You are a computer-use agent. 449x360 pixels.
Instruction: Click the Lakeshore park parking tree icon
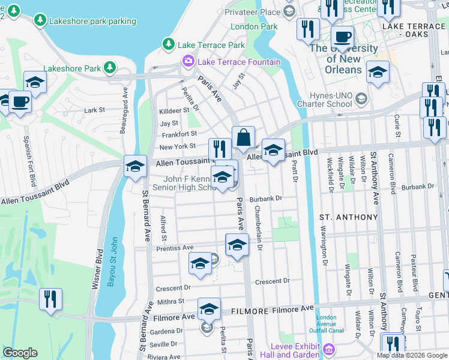(40, 20)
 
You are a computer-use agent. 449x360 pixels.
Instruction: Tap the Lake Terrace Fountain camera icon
(188, 62)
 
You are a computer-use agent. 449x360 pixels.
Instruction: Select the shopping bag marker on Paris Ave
(244, 138)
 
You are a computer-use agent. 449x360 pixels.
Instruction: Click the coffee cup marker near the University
(342, 37)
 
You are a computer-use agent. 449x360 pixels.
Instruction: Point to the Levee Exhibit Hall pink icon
(329, 349)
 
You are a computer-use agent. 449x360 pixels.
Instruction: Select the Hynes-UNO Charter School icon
(361, 98)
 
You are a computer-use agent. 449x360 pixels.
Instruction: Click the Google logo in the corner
(20, 353)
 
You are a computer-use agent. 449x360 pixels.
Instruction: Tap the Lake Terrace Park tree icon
(169, 44)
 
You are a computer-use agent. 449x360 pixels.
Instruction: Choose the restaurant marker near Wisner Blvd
(50, 299)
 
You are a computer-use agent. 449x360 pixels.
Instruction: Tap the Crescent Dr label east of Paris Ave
(272, 281)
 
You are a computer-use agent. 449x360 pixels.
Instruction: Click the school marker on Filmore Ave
(209, 308)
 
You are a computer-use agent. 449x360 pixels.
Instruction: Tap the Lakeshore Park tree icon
(110, 68)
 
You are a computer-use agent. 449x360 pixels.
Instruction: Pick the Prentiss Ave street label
(175, 248)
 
